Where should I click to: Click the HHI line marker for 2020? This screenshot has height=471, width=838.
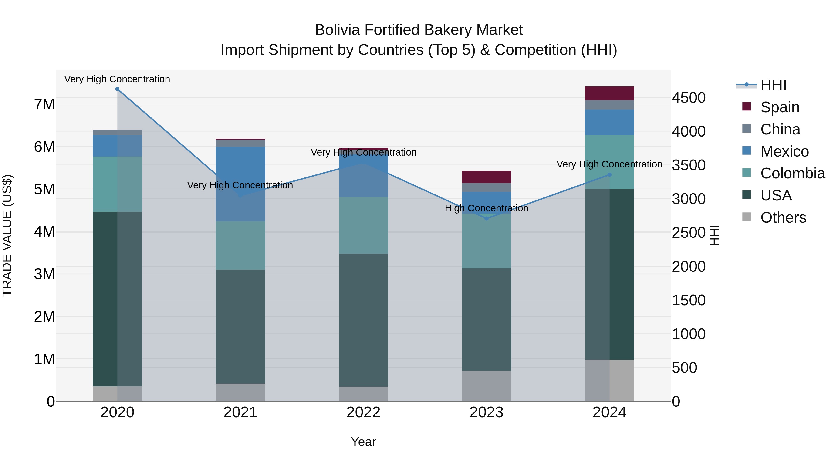click(x=118, y=89)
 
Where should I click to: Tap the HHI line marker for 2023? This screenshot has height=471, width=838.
click(x=486, y=218)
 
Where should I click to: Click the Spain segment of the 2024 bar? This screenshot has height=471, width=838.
click(x=609, y=93)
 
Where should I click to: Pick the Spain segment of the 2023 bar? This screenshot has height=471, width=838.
click(x=486, y=177)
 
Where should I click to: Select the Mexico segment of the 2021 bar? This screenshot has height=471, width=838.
click(x=240, y=184)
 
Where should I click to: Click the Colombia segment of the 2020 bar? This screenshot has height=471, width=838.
click(x=118, y=184)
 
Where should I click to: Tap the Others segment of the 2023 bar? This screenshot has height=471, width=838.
click(x=486, y=386)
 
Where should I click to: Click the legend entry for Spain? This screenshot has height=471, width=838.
click(x=779, y=107)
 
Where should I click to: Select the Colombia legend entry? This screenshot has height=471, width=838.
click(x=792, y=173)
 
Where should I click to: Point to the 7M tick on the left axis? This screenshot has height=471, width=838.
click(x=44, y=104)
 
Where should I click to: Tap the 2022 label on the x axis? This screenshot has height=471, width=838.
click(x=363, y=412)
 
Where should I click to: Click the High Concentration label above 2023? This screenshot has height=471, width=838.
click(x=486, y=208)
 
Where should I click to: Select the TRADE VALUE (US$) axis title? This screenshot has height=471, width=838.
click(x=7, y=235)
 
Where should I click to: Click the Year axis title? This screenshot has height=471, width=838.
click(x=363, y=442)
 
